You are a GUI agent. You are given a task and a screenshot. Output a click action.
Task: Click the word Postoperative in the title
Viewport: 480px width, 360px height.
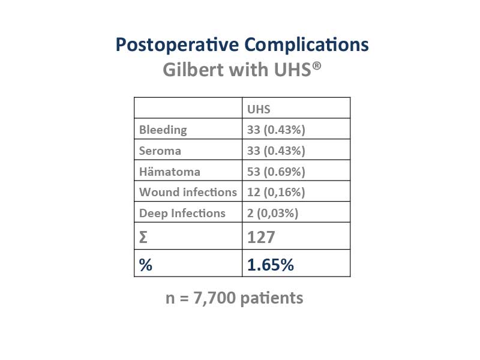coord(177,45)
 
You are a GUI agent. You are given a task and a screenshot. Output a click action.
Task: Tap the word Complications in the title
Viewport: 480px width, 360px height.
coord(307,45)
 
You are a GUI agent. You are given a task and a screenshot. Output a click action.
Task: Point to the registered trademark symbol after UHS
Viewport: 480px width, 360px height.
coord(317,65)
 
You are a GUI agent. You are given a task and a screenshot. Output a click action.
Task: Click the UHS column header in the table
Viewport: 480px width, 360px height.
coord(259,109)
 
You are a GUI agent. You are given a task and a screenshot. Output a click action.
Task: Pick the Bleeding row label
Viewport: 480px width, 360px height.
coord(163,130)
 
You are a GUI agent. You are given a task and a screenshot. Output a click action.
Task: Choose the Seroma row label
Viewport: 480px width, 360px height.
coord(160,151)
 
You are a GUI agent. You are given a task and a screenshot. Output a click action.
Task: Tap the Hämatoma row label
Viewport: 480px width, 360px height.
coord(170,172)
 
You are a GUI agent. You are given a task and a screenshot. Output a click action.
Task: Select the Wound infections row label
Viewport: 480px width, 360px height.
coord(188,192)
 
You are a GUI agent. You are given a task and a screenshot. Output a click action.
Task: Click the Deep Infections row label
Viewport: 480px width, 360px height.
coord(182,213)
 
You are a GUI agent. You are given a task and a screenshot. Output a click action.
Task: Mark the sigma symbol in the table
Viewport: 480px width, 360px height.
coord(143,237)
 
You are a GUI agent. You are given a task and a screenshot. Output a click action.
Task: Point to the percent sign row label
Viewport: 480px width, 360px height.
coord(146,265)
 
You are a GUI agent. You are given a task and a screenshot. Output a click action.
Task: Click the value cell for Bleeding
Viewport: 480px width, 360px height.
coord(296,129)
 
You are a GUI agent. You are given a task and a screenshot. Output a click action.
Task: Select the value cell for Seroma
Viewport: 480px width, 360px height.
coord(296,149)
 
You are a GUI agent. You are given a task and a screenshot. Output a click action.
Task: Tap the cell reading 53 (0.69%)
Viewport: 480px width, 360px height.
coord(296,170)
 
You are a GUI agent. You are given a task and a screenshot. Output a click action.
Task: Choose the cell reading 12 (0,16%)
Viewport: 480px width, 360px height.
coord(296,191)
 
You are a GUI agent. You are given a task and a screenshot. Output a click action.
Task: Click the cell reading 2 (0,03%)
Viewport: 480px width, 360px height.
coord(296,212)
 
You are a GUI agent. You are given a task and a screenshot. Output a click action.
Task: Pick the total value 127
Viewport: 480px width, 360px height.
coord(261,237)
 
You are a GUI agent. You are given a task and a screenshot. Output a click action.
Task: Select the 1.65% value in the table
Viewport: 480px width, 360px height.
coord(271,265)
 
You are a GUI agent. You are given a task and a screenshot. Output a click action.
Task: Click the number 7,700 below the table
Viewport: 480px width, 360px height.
coord(215,298)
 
